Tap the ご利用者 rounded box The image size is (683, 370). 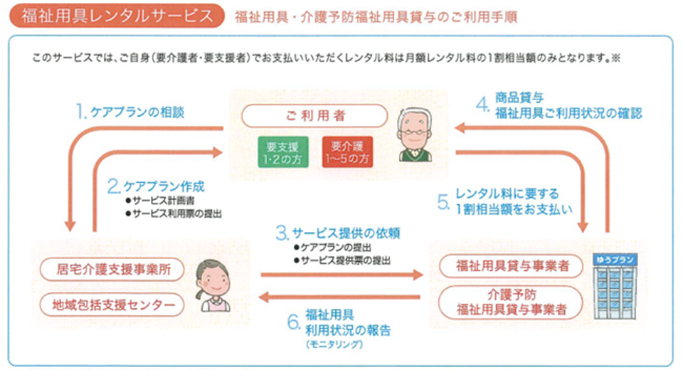coord(314,116)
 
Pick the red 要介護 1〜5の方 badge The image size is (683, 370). coord(346,152)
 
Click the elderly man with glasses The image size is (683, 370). coord(416,135)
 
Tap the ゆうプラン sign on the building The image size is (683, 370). coord(613,259)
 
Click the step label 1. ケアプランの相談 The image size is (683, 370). coord(132,112)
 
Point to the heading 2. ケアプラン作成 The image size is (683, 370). coord(156,187)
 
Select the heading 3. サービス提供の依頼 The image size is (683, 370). coord(328,232)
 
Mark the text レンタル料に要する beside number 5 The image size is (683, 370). coord(507,194)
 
